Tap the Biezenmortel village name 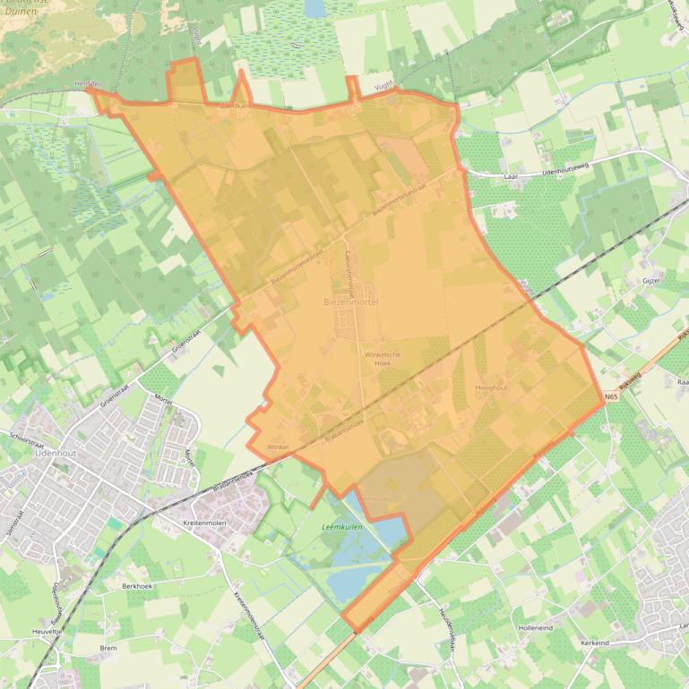pyautogui.click(x=351, y=303)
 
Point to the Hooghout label pyautogui.click(x=491, y=387)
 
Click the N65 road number pyautogui.click(x=611, y=397)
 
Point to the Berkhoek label pyautogui.click(x=138, y=585)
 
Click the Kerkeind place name pyautogui.click(x=595, y=643)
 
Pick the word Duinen pyautogui.click(x=21, y=13)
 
